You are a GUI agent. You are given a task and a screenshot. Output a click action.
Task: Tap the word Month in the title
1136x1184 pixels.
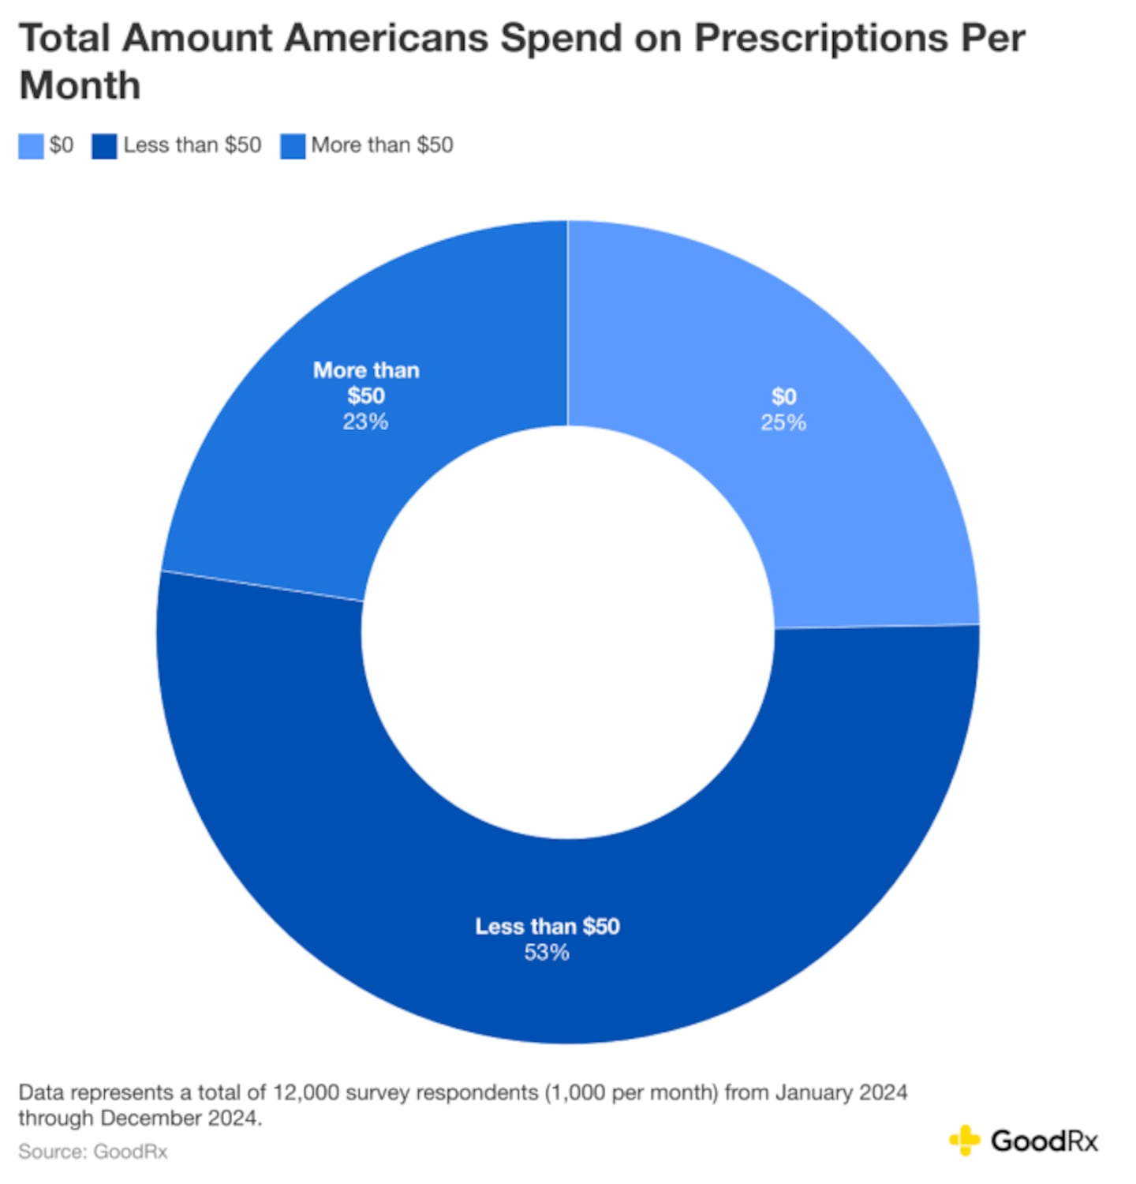coord(80,86)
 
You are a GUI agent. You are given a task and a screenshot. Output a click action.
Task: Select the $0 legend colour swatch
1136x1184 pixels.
coord(31,146)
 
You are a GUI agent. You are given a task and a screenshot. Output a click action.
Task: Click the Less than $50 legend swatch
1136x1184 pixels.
coord(104,146)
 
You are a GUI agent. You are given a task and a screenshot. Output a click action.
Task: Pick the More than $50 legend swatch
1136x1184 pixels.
coord(293,146)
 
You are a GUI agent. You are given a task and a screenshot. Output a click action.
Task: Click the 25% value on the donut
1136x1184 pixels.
coord(783,423)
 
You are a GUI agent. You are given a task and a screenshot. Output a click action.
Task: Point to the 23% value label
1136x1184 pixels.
coord(365,422)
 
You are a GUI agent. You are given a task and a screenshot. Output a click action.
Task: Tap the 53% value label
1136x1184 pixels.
coord(547,953)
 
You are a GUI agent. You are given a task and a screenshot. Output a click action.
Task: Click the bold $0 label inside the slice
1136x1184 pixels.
coord(784,396)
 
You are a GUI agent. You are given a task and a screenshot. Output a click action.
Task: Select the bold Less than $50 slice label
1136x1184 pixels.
coord(547,927)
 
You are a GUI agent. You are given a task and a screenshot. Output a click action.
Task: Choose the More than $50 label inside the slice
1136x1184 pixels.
coord(366,383)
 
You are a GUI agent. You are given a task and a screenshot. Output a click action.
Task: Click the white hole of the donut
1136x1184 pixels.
coord(568,631)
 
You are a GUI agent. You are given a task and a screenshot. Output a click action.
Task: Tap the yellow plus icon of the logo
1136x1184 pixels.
coord(964,1141)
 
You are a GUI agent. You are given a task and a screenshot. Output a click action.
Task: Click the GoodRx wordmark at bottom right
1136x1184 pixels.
coord(1044,1141)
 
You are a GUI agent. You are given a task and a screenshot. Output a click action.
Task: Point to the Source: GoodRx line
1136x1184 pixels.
coord(93,1152)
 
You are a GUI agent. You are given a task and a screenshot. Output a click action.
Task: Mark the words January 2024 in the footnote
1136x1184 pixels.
coord(841,1092)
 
